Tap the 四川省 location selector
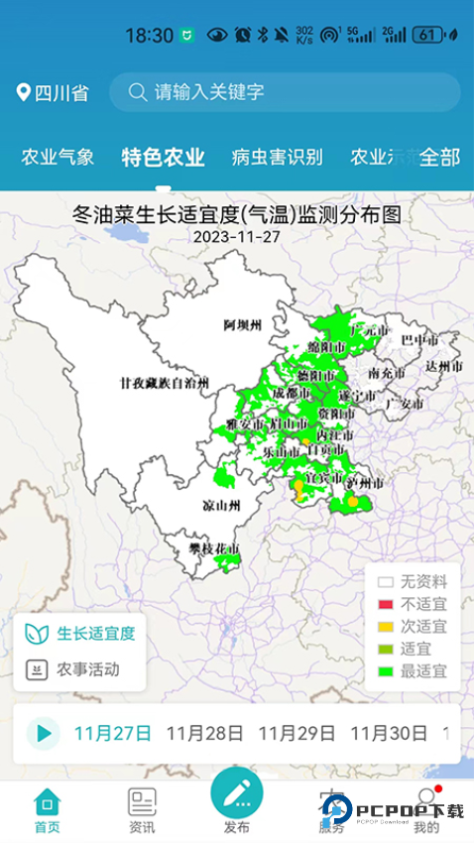[x=53, y=93]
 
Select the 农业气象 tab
[x=58, y=157]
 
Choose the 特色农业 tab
[x=163, y=157]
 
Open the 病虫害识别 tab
[x=277, y=157]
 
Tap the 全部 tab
[x=439, y=157]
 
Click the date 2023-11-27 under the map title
[x=236, y=237]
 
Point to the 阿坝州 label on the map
[x=242, y=325]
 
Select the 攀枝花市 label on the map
[x=215, y=547]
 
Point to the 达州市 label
[x=444, y=366]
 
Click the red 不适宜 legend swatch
[x=386, y=605]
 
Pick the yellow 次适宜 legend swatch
[x=386, y=627]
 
